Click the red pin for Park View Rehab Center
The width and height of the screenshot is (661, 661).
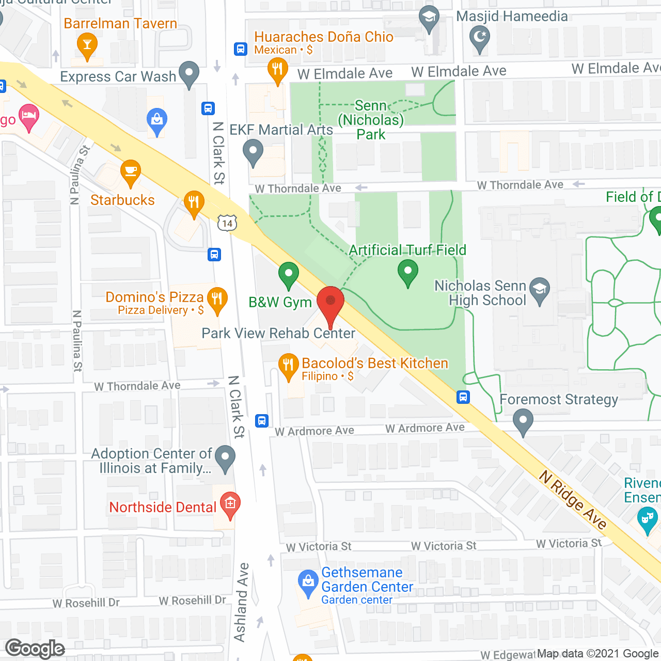point(330,301)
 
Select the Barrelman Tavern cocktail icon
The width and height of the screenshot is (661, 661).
point(87,44)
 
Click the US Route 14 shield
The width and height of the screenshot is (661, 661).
point(227,223)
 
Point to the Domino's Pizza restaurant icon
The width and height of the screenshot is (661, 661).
point(217,298)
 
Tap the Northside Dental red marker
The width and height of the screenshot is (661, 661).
point(230,503)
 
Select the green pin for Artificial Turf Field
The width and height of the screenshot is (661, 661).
point(408,271)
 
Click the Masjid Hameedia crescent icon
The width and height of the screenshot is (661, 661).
point(480,37)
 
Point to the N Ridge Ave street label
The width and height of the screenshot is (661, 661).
point(573,499)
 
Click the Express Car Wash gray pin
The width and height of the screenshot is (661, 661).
point(189,72)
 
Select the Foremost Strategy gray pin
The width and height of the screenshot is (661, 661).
point(523,420)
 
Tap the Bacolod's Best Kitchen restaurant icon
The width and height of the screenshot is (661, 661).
point(288,365)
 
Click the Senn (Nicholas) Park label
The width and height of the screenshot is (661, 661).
point(371,120)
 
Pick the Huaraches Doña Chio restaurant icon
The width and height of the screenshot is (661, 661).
point(278,69)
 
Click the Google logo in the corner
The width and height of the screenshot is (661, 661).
point(35,649)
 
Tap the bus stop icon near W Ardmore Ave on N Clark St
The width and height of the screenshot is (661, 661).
point(262,421)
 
